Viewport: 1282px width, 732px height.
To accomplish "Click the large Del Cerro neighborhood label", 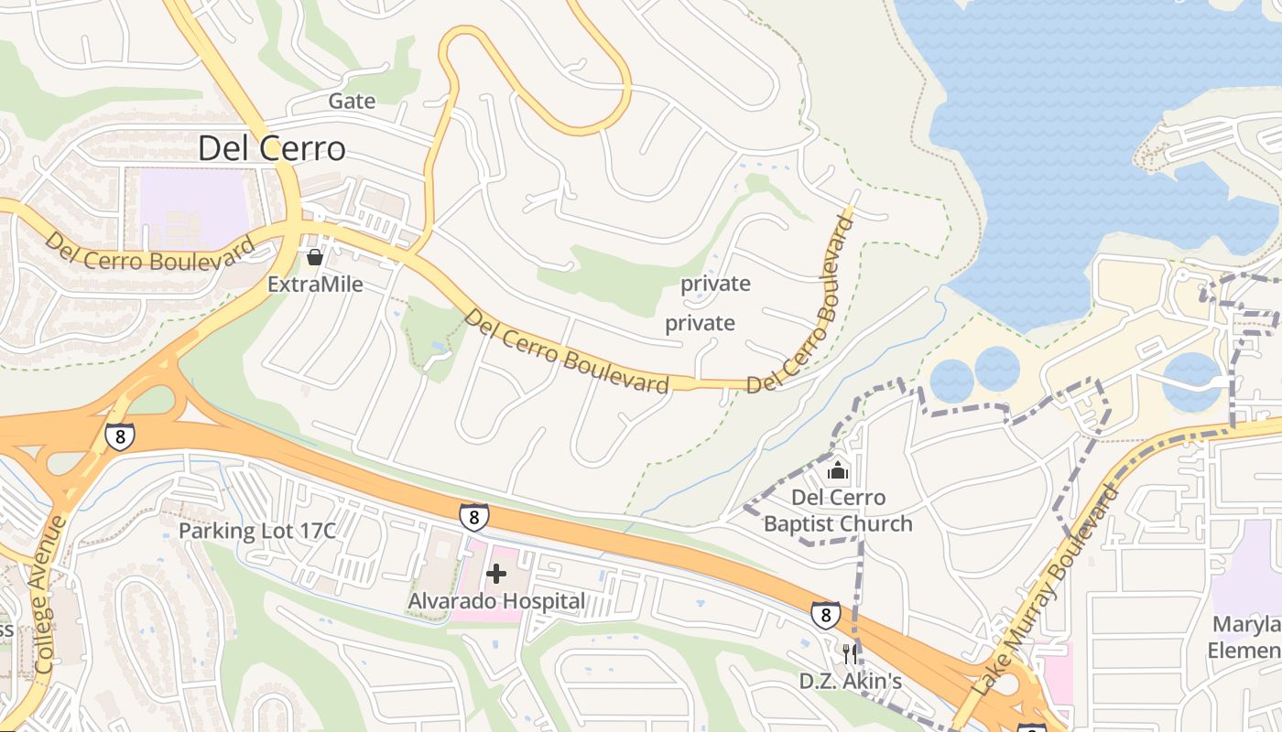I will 272,148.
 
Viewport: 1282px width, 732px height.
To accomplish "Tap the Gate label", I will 352,101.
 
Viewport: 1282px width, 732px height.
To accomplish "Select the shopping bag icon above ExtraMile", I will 315,257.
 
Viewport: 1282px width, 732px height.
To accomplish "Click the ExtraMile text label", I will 315,285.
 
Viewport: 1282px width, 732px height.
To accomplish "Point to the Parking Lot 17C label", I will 257,531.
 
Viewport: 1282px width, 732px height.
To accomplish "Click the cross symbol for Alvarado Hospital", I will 496,574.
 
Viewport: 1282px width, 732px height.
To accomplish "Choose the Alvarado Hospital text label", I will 496,601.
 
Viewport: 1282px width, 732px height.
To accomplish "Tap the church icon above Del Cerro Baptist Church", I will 837,471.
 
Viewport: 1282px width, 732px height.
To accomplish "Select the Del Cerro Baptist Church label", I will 838,511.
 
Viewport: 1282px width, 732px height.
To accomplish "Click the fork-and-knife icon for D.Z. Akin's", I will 850,653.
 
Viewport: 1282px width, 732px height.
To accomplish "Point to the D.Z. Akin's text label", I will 851,682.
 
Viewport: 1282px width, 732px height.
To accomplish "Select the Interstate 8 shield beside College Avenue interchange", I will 119,436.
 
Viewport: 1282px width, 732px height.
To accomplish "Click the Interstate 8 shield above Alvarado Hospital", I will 473,517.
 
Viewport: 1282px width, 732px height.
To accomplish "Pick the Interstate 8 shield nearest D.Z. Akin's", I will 825,615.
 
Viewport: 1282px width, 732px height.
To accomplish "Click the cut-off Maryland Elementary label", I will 1245,638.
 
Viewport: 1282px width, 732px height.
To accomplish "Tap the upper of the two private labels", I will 715,284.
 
